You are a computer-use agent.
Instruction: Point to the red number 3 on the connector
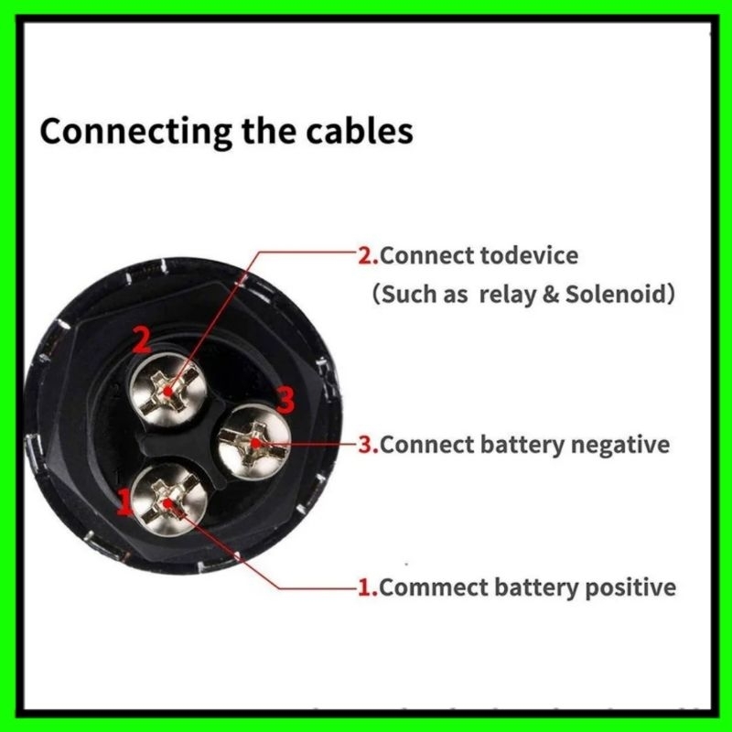click(285, 399)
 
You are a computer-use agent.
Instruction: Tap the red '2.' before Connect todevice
click(368, 254)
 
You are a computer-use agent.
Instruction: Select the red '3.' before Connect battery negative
click(368, 445)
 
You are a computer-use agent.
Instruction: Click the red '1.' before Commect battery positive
click(367, 586)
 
